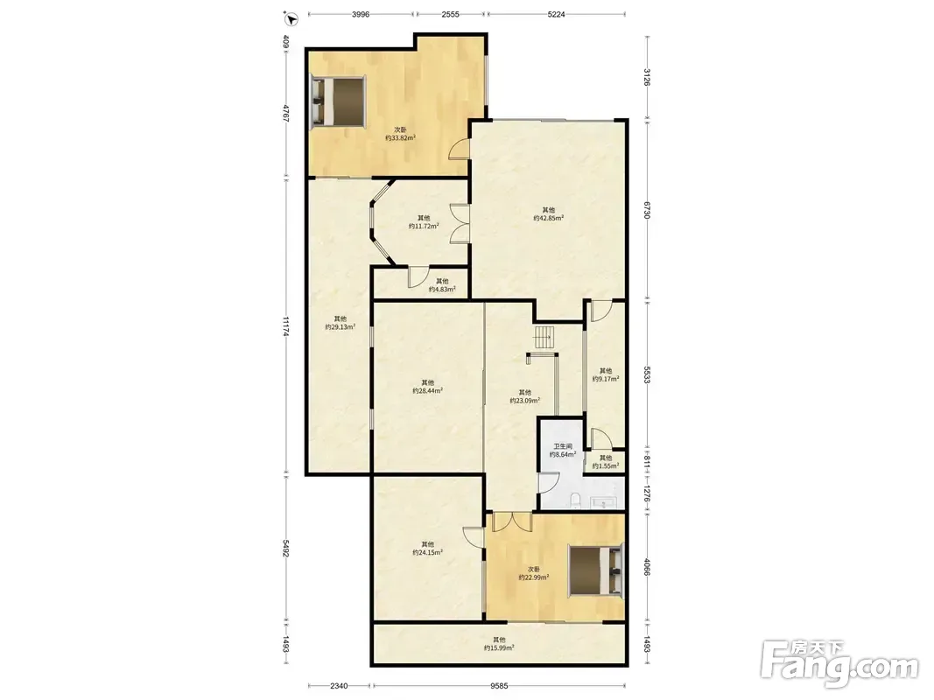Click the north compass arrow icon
click(x=291, y=19)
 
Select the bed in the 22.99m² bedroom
click(x=595, y=570)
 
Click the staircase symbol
click(x=544, y=338)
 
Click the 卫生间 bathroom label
click(x=562, y=446)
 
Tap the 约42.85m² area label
click(x=549, y=218)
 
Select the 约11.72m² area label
click(x=425, y=227)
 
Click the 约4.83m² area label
click(x=442, y=290)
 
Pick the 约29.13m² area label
click(x=341, y=326)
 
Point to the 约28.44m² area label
click(x=427, y=391)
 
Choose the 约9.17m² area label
click(x=605, y=379)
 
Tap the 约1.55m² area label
click(x=605, y=466)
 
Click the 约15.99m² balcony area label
click(x=499, y=647)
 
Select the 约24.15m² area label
click(x=427, y=552)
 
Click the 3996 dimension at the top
click(x=361, y=14)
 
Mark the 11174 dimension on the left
click(x=286, y=326)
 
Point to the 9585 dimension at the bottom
click(x=499, y=686)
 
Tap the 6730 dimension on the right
click(x=647, y=209)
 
